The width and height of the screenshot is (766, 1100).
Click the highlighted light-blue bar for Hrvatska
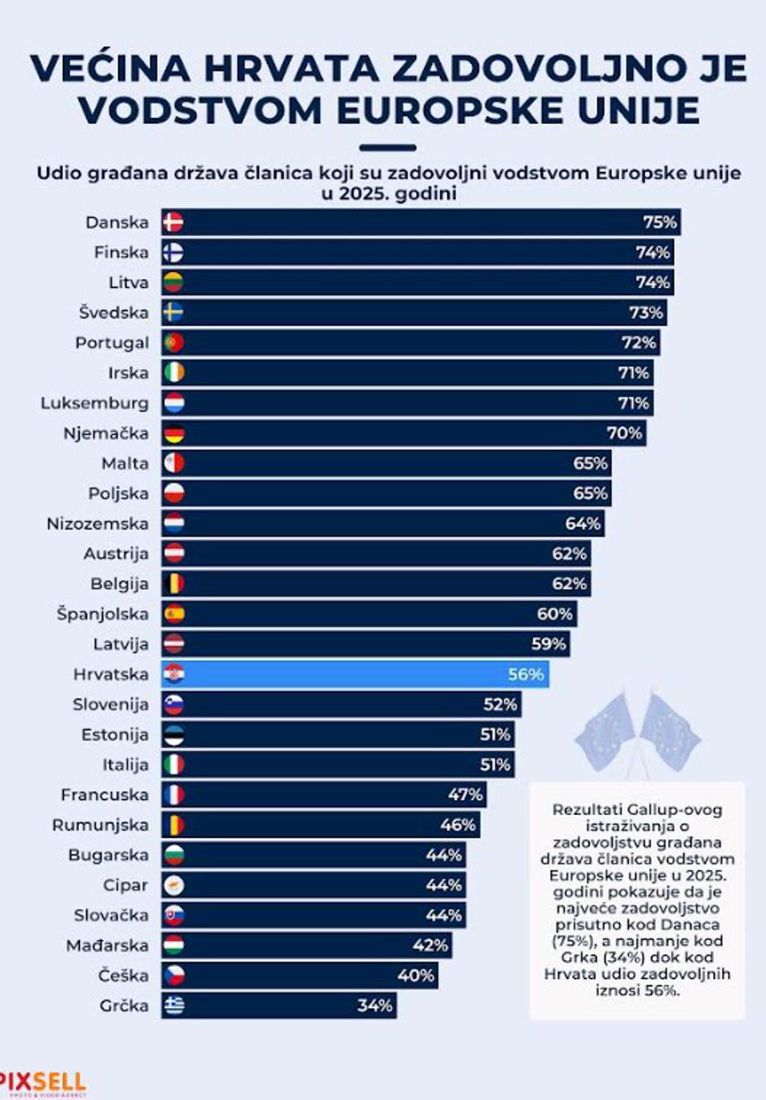pyautogui.click(x=354, y=674)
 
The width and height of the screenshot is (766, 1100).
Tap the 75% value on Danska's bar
pyautogui.click(x=659, y=222)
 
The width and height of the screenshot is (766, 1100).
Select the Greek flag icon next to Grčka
pyautogui.click(x=174, y=1006)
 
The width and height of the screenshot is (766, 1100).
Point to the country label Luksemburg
pyautogui.click(x=95, y=403)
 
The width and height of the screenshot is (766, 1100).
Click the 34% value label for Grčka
pyautogui.click(x=375, y=1006)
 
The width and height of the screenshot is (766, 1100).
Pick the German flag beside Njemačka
pyautogui.click(x=174, y=433)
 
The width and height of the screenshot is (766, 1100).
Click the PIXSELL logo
pyautogui.click(x=42, y=1083)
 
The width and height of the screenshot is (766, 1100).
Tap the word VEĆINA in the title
pyautogui.click(x=110, y=69)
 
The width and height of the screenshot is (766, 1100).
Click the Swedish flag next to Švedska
pyautogui.click(x=173, y=313)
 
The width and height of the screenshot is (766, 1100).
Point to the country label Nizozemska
pyautogui.click(x=98, y=524)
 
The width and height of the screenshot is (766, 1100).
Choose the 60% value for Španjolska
pyautogui.click(x=554, y=614)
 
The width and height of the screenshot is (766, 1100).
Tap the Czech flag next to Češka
pyautogui.click(x=174, y=975)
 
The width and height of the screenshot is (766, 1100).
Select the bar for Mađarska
pyautogui.click(x=306, y=945)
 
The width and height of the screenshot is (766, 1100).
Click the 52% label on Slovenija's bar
pyautogui.click(x=500, y=704)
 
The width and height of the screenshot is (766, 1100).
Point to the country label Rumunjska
pyautogui.click(x=100, y=825)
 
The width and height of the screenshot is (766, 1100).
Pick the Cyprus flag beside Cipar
pyautogui.click(x=174, y=885)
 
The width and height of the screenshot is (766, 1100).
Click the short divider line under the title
pyautogui.click(x=387, y=148)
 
